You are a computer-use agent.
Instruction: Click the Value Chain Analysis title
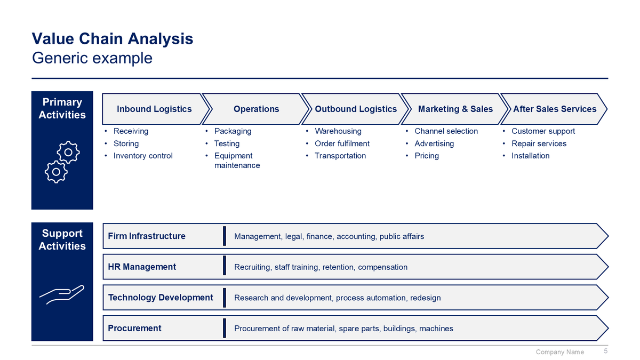click(113, 39)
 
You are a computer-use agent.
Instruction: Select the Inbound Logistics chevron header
click(154, 109)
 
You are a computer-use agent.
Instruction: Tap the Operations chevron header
click(256, 109)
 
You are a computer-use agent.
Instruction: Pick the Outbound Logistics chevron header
click(356, 109)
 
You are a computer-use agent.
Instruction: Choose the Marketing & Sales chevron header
click(455, 109)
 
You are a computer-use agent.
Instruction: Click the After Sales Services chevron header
click(555, 109)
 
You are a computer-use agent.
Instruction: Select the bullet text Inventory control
click(143, 156)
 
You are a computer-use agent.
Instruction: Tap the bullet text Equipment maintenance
click(237, 161)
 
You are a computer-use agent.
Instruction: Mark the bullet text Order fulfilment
click(342, 143)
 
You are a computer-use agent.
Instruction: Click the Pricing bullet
click(427, 156)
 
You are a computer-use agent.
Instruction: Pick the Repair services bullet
click(539, 143)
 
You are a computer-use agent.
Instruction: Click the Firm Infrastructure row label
click(147, 236)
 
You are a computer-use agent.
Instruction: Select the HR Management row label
click(142, 267)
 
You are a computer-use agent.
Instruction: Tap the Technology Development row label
click(161, 298)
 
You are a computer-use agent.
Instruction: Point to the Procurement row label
click(134, 328)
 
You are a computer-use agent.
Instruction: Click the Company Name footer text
click(559, 352)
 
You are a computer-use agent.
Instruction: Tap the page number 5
click(605, 351)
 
